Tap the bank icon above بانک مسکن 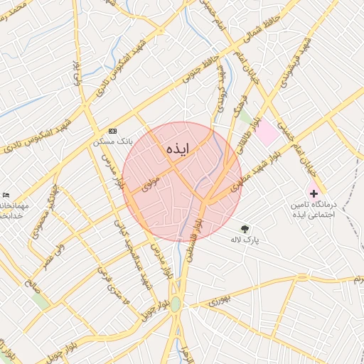(x=112, y=132)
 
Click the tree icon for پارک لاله (x=245, y=228)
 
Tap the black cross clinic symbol (x=314, y=193)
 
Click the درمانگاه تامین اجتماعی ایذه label (x=312, y=209)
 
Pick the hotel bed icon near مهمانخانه (x=6, y=196)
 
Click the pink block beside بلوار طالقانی (x=267, y=132)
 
